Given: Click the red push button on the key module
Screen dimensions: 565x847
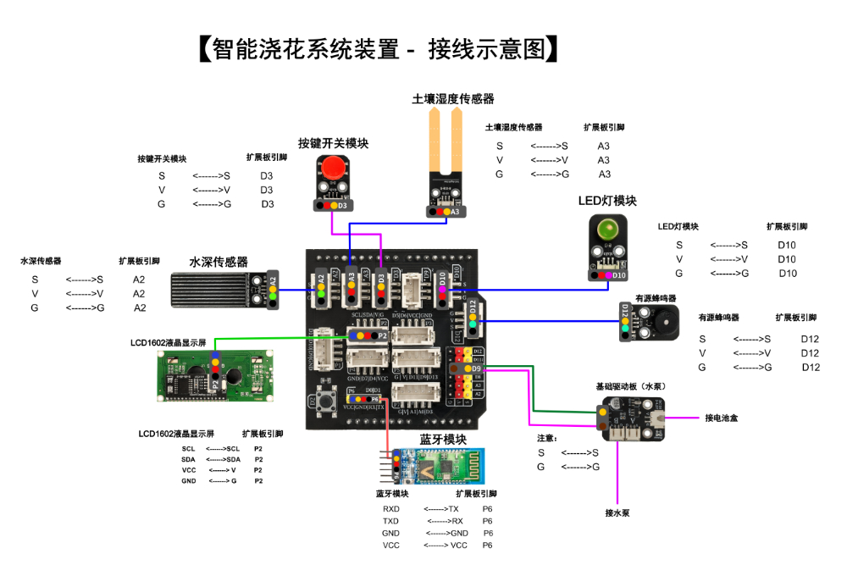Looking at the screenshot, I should [x=335, y=167].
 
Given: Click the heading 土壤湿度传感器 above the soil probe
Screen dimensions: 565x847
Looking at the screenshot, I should [x=453, y=99].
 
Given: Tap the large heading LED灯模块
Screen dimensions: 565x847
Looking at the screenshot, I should [x=607, y=201].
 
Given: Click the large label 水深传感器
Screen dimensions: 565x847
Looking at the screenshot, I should [x=219, y=263].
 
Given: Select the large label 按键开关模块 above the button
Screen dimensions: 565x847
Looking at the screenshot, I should [x=333, y=143].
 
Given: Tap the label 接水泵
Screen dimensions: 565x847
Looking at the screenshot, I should [x=617, y=512].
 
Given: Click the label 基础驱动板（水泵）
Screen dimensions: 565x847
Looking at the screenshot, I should [x=634, y=385].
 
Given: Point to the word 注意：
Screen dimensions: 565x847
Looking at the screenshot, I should [x=547, y=438].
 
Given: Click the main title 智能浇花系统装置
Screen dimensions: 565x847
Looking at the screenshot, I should [x=306, y=49].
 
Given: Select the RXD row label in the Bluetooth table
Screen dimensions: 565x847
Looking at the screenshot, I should [x=391, y=509].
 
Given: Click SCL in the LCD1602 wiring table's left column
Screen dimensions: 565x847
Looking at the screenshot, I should [x=188, y=449].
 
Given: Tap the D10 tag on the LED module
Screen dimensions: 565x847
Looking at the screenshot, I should [x=619, y=275].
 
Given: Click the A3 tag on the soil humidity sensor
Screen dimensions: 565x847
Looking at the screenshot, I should [x=455, y=212].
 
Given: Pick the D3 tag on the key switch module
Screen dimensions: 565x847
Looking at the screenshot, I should [x=343, y=206].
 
